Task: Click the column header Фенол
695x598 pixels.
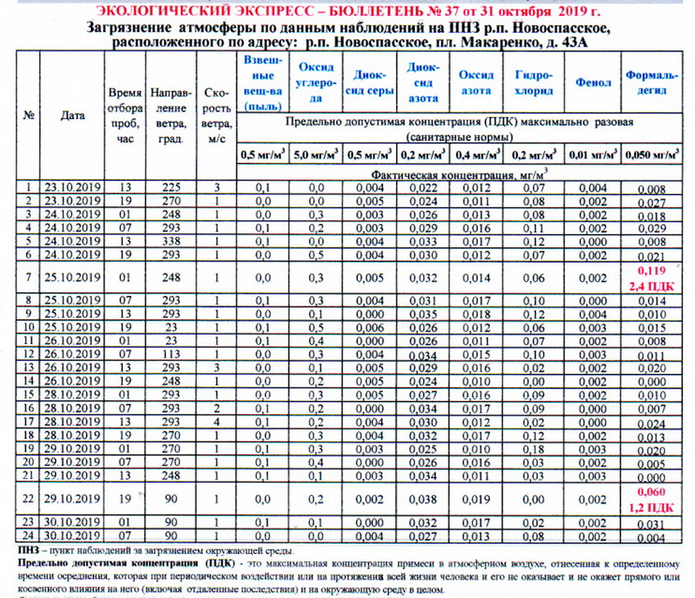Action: coord(593,82)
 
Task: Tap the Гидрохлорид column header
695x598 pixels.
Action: coord(534,82)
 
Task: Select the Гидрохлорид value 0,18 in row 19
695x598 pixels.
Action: coord(534,450)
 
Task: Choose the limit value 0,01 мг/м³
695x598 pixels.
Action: coord(593,154)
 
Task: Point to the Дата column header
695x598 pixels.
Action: coord(72,116)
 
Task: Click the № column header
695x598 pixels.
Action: coord(27,116)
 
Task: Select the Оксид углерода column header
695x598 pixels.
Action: coord(316,82)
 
